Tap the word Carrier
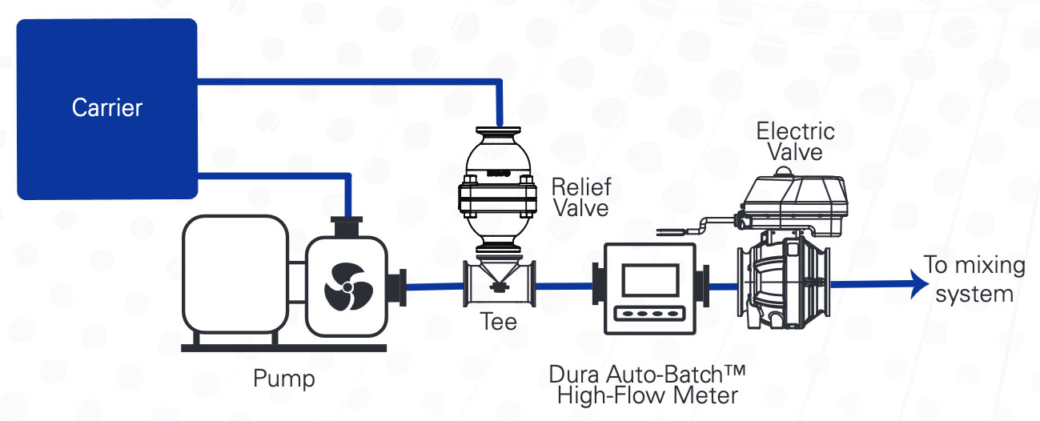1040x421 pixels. click(106, 107)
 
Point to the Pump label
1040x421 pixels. click(283, 378)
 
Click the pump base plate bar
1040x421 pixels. click(283, 347)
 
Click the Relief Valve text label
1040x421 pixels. click(580, 198)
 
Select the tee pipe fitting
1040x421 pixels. click(499, 285)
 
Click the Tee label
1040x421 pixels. click(498, 323)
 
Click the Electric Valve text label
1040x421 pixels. click(795, 140)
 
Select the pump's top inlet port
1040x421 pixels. click(346, 226)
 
